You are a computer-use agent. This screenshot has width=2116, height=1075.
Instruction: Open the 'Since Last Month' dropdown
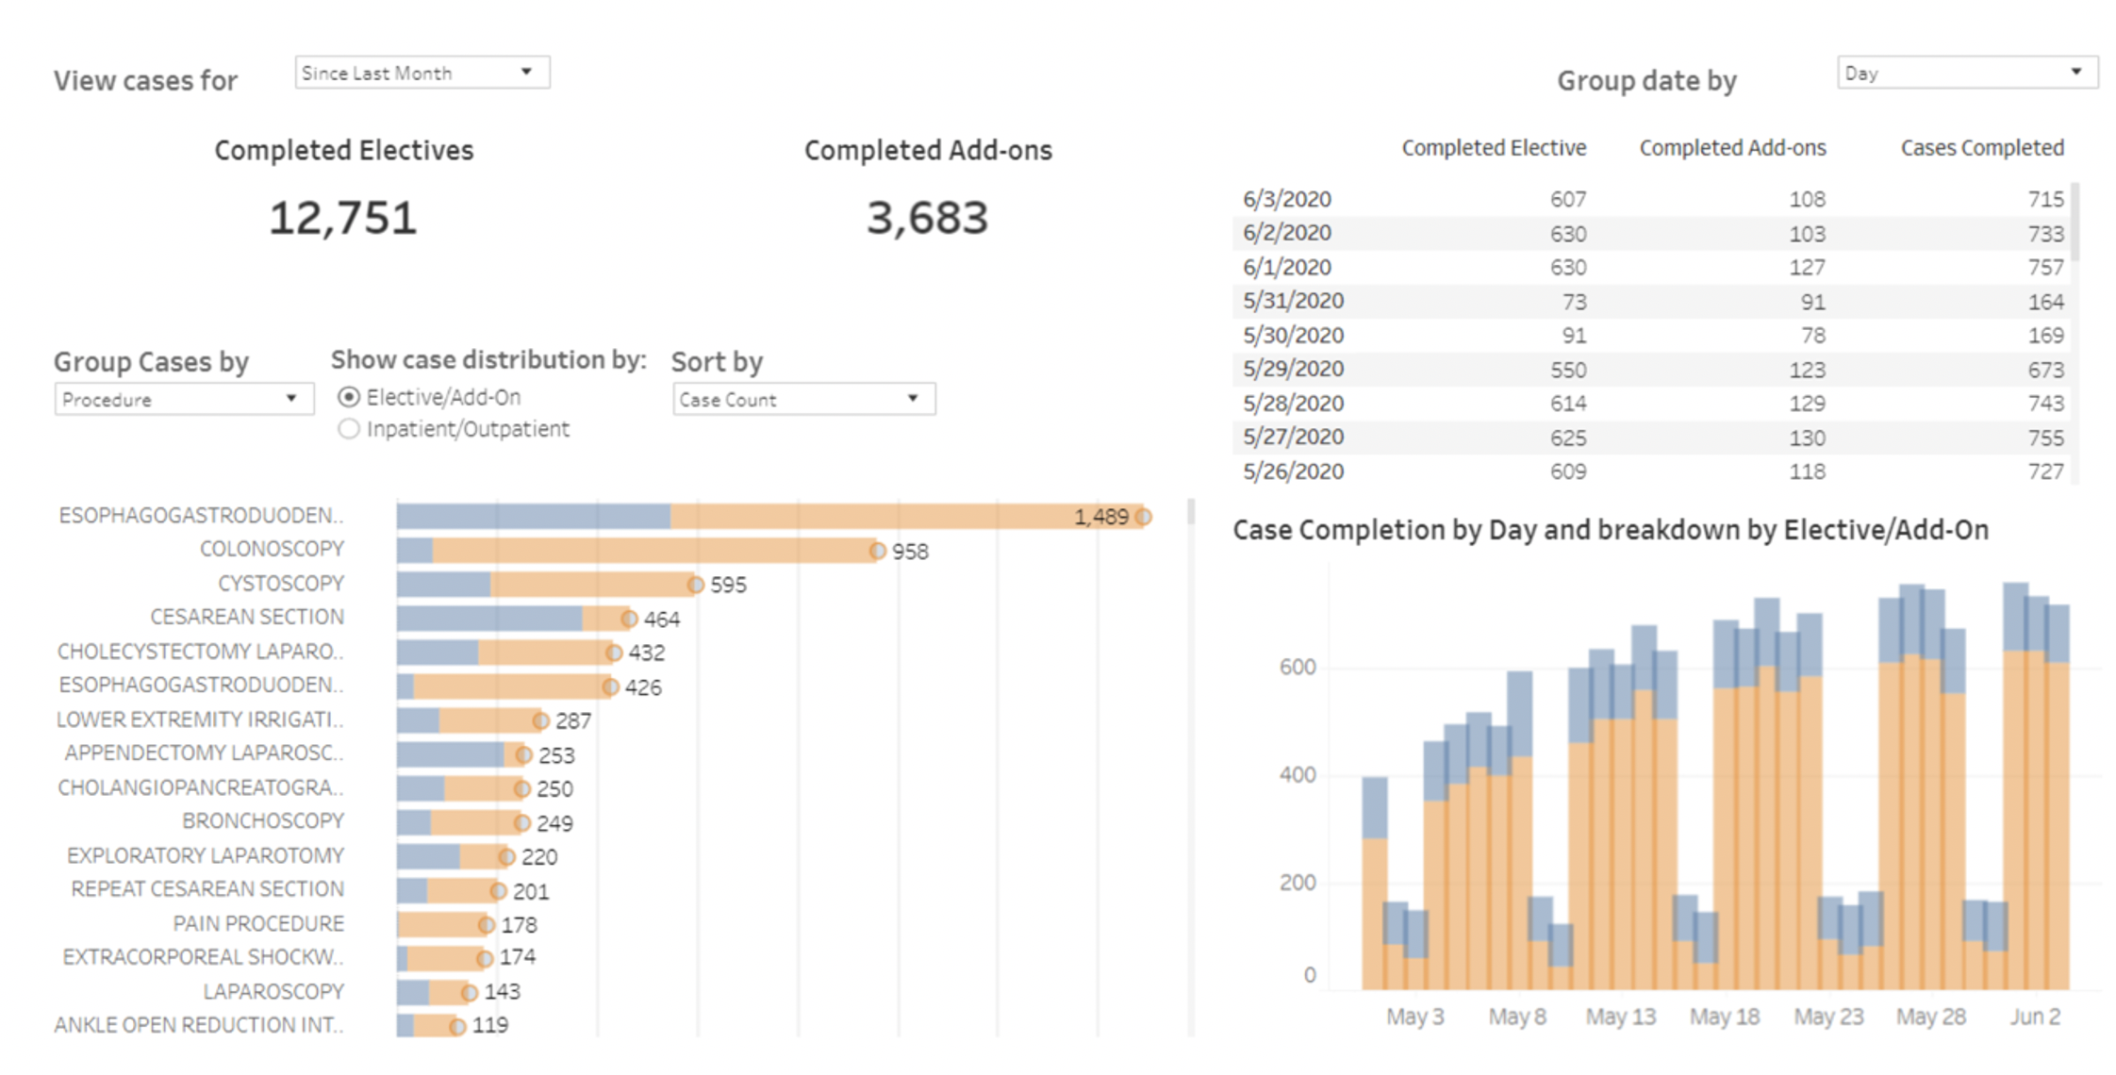tap(422, 73)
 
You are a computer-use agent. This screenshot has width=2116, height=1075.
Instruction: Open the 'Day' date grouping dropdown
tap(1966, 73)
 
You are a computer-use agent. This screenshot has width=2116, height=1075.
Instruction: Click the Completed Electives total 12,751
tap(343, 218)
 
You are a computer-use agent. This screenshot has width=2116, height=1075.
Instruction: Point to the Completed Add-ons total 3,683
tap(927, 218)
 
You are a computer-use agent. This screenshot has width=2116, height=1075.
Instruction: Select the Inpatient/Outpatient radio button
tap(349, 429)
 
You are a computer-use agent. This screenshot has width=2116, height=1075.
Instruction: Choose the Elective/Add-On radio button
tap(349, 397)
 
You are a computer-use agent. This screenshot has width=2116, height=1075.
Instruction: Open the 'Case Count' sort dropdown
tap(803, 399)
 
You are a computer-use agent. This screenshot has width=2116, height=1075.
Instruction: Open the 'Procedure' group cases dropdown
tap(183, 399)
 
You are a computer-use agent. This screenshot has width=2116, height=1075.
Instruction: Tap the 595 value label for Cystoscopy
tap(728, 585)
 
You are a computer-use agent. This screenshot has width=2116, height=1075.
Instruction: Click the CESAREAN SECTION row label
tap(247, 617)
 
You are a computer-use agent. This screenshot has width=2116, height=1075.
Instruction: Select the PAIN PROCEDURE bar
tap(441, 924)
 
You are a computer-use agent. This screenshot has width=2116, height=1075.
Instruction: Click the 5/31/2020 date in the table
tap(1293, 301)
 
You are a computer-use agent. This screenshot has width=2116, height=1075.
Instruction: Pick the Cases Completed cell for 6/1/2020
tap(2045, 267)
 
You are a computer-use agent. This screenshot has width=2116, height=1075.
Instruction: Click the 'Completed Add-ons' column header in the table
tap(1732, 148)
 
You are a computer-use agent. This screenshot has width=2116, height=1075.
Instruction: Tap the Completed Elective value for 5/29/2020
tap(1568, 370)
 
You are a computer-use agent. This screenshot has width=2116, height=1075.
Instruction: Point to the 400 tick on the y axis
tap(1297, 775)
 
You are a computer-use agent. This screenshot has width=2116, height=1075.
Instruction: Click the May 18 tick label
tap(1724, 1017)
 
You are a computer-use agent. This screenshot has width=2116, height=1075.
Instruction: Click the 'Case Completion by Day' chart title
tap(1610, 530)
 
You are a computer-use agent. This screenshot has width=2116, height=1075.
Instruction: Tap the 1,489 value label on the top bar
tap(1100, 517)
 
